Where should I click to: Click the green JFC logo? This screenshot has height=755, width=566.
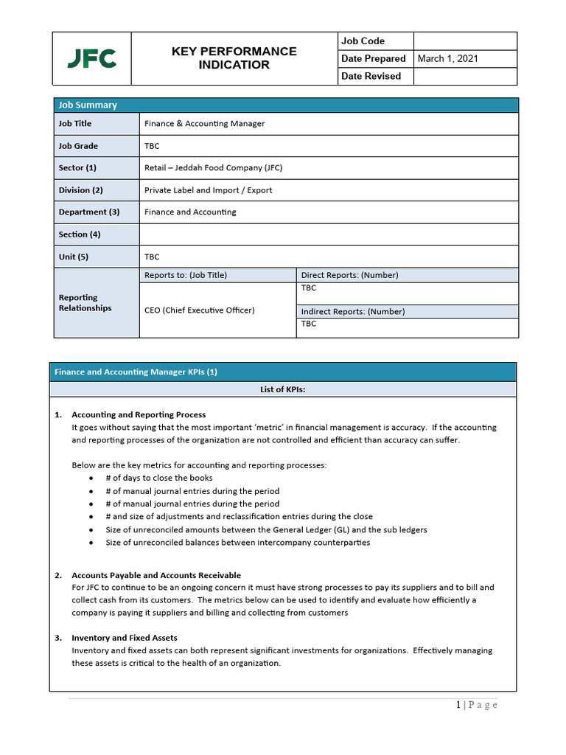tap(91, 58)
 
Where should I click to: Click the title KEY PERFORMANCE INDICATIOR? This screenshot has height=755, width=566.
tap(234, 58)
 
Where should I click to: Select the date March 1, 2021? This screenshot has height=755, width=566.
tap(447, 59)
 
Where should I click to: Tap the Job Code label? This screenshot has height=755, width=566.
tap(363, 41)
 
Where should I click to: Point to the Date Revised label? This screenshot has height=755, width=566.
tap(371, 76)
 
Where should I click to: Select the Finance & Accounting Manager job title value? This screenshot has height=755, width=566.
tap(204, 124)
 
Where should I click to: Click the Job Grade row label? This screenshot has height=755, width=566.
tap(78, 146)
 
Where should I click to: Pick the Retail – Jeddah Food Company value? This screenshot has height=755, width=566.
tap(213, 168)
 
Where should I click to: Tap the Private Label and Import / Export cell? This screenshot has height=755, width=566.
tap(208, 190)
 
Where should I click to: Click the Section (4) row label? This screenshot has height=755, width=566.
tap(80, 234)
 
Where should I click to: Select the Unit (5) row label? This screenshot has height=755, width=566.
tap(72, 257)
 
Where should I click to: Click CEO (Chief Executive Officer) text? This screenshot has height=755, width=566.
tap(199, 310)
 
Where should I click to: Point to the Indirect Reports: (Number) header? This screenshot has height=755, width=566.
tap(352, 311)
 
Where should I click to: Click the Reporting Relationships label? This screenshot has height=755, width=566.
tap(85, 303)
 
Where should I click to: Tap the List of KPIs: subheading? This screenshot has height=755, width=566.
tap(283, 390)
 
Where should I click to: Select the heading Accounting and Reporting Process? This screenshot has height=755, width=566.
tap(139, 415)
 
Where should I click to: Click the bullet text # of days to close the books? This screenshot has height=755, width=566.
tap(159, 478)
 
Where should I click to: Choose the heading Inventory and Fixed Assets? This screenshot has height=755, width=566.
tap(124, 638)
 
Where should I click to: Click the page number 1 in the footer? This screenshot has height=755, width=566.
tap(458, 705)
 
